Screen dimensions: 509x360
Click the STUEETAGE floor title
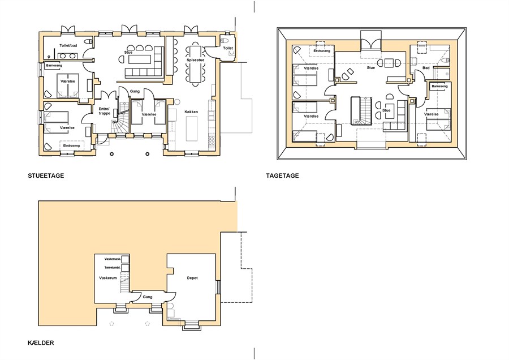(46, 176)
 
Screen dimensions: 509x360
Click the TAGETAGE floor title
(282, 176)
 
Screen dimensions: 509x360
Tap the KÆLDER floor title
(41, 343)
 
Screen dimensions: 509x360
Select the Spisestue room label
(196, 61)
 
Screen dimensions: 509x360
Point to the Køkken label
(191, 112)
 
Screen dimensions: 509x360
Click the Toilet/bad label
(68, 45)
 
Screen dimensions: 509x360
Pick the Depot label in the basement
(192, 278)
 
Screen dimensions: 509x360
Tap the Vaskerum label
(108, 278)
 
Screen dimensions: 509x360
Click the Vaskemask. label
(113, 259)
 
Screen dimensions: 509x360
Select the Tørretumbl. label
(113, 268)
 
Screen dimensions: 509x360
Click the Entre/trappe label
(105, 111)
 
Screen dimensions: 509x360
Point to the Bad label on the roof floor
(426, 68)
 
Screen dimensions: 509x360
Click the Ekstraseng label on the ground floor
(71, 145)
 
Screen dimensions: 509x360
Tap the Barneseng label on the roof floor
(439, 87)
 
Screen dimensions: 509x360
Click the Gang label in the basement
(148, 297)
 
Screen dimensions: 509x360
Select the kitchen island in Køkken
(192, 128)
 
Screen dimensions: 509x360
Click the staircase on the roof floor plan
(361, 111)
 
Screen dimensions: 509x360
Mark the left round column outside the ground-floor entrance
(111, 154)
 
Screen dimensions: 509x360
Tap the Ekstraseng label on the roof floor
(322, 51)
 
